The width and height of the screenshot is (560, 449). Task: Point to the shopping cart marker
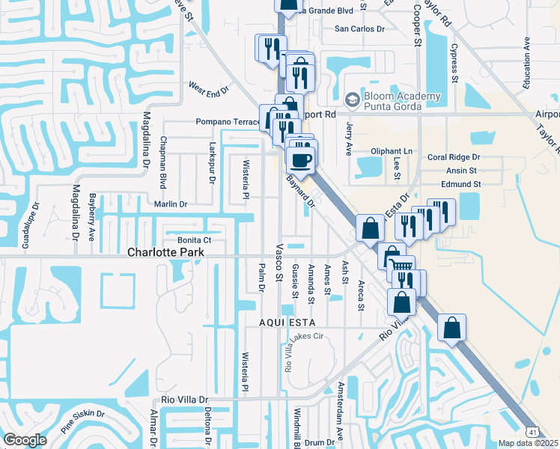[x=402, y=266]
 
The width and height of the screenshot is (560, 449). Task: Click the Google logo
[x=25, y=440]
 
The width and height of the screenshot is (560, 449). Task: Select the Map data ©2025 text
[x=529, y=443]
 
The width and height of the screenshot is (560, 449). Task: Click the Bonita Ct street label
[x=195, y=239]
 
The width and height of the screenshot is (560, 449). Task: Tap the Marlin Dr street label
[x=170, y=204]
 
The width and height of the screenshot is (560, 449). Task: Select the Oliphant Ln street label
[x=392, y=151]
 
